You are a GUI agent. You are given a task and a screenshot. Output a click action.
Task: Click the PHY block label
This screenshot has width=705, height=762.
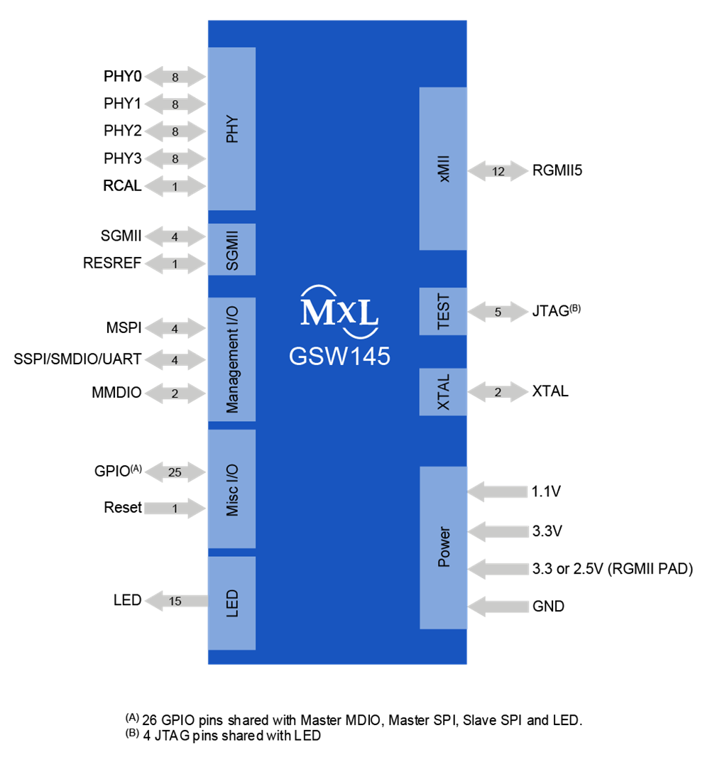tap(231, 129)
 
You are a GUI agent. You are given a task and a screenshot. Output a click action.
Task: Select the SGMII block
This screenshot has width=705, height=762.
tap(231, 249)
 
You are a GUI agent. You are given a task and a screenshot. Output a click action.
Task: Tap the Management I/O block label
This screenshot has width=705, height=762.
tap(231, 359)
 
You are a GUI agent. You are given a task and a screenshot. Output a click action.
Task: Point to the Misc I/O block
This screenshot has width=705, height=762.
tap(231, 489)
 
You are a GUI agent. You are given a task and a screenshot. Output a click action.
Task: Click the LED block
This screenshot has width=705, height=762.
tap(231, 603)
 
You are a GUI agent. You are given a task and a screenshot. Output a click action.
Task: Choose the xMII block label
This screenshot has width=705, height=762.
tap(444, 169)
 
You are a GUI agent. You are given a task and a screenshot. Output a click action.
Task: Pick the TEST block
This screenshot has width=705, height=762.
tap(444, 311)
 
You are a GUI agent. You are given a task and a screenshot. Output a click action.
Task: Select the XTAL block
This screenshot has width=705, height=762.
tap(444, 392)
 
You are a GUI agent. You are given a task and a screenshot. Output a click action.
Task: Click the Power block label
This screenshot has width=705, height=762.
tap(444, 547)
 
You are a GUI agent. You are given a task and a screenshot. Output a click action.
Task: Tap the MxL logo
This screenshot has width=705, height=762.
tap(339, 310)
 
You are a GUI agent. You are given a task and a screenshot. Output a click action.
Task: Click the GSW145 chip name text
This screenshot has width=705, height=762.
tap(339, 356)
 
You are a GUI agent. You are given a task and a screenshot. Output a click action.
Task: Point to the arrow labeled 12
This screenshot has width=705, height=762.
tap(498, 171)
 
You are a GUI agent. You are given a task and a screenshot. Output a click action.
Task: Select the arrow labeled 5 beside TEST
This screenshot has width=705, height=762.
tap(498, 312)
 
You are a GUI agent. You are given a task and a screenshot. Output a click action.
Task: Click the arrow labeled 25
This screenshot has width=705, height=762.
tap(175, 472)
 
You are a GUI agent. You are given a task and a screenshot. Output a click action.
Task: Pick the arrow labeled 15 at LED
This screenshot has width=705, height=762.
tap(175, 602)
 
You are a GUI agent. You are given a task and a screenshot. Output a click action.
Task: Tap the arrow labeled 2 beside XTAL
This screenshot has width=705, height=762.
tap(498, 392)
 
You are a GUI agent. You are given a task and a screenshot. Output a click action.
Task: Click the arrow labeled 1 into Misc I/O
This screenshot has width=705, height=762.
tap(175, 508)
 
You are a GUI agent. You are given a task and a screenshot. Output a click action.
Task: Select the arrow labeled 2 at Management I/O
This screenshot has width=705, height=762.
tap(175, 393)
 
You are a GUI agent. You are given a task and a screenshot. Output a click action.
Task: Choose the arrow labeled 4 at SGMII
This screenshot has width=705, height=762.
tap(175, 236)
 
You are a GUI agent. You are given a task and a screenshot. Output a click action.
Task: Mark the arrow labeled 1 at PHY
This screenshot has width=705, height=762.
tap(175, 187)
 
